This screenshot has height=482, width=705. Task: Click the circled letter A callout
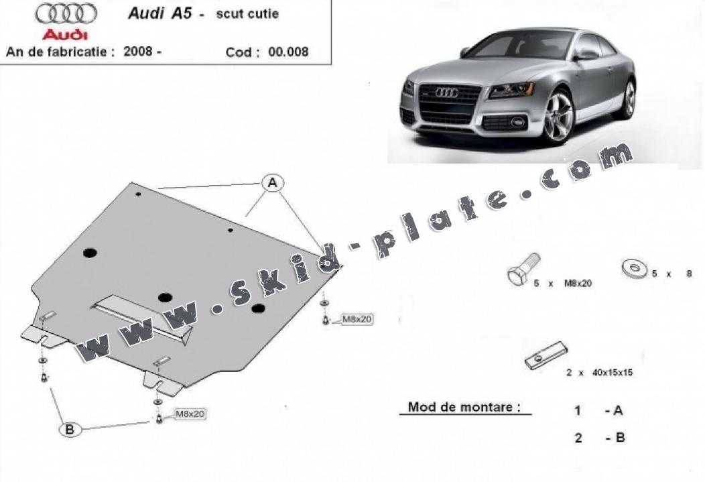(x=273, y=183)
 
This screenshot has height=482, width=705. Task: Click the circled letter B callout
(x=70, y=430)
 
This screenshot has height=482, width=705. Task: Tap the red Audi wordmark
(x=65, y=35)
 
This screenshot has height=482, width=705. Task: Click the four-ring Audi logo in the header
(x=66, y=13)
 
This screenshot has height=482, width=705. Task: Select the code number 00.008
(x=288, y=52)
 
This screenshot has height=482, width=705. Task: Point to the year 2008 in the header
(x=138, y=51)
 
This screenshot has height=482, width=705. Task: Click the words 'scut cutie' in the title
(x=247, y=13)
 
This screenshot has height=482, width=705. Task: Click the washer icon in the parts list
(x=635, y=268)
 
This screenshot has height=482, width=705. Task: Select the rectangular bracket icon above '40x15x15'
(x=546, y=355)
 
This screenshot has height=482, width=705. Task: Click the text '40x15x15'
(x=612, y=372)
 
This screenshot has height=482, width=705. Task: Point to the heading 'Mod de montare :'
(x=464, y=407)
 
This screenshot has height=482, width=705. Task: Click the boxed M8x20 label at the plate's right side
(x=357, y=319)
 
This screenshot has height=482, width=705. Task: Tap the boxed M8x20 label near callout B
(x=190, y=414)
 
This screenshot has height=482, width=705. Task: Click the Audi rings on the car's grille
(x=446, y=93)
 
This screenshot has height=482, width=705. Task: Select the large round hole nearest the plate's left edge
(x=90, y=253)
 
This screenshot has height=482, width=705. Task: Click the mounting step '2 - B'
(x=599, y=438)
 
